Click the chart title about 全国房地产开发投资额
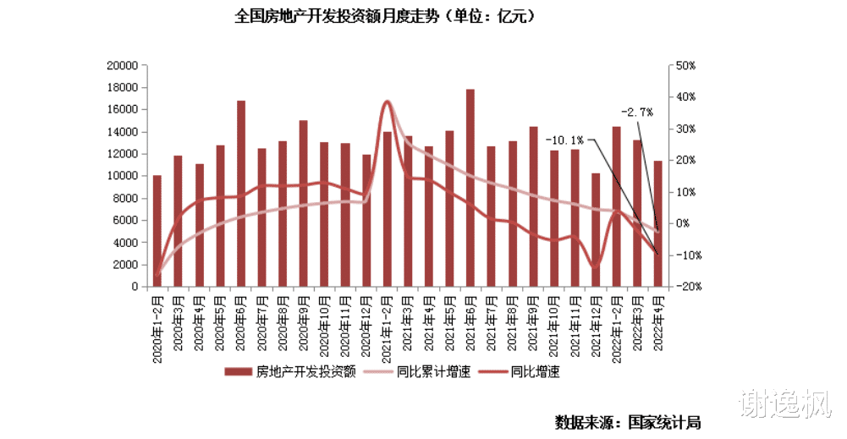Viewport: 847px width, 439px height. click(385, 16)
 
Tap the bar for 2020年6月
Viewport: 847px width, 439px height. click(241, 194)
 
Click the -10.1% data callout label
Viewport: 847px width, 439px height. click(564, 140)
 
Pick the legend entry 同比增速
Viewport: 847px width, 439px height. click(535, 371)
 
